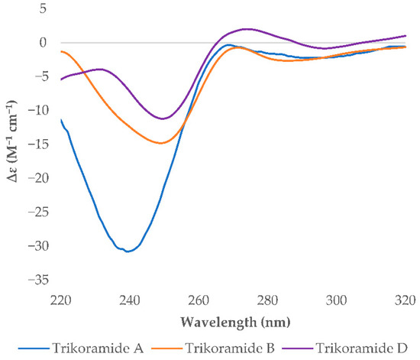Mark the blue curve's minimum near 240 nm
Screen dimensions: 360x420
click(128, 251)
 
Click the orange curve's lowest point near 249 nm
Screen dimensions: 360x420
click(161, 143)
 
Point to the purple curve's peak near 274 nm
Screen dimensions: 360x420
click(244, 29)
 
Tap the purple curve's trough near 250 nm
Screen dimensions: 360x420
click(162, 118)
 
